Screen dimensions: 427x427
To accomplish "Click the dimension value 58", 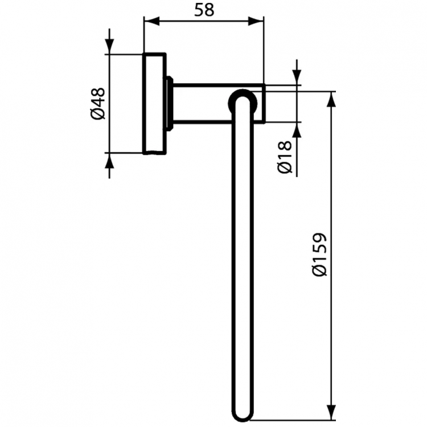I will (x=204, y=10).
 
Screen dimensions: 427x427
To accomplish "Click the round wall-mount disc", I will (x=154, y=104).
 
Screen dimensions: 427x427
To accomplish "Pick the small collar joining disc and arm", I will (x=169, y=103).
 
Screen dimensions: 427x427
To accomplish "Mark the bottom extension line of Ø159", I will (x=296, y=422).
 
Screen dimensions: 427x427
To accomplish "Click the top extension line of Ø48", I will (x=125, y=54).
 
